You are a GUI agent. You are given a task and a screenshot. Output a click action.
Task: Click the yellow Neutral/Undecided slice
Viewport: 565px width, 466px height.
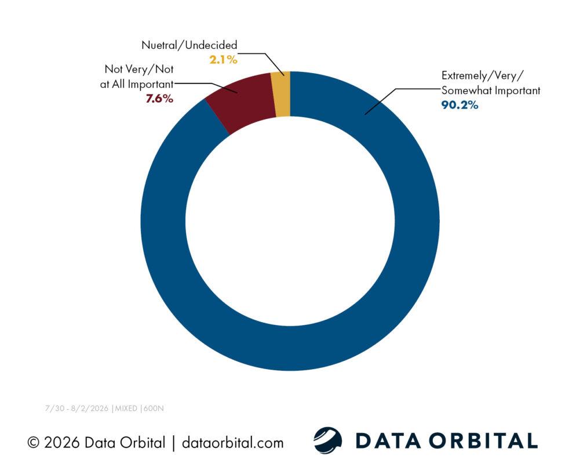pos(281,95)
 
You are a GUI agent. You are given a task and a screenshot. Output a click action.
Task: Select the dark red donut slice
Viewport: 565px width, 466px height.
pos(242,103)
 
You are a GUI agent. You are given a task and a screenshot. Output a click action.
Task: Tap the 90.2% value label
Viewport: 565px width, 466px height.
pos(460,105)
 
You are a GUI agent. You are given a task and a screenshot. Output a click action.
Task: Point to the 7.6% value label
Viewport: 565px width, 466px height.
pos(159,99)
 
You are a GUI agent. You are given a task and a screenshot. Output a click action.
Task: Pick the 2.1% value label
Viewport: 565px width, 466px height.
pos(224,60)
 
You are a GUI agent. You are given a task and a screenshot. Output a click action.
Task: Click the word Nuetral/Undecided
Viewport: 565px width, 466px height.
pos(189,45)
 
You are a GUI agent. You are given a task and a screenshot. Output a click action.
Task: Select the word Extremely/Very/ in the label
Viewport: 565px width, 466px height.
pos(483,76)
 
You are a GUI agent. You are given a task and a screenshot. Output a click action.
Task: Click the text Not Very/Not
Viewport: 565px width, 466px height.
pos(139,69)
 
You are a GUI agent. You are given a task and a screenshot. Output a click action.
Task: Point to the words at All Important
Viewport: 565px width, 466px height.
pos(137,84)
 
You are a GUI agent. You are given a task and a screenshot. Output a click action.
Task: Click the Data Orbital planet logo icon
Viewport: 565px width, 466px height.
pos(327,440)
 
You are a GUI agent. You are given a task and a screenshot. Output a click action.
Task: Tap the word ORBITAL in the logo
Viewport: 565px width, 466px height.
pos(483,440)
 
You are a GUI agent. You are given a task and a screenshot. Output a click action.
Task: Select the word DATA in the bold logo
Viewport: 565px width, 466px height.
pos(388,440)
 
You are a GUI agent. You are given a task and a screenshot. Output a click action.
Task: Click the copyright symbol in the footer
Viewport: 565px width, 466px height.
pos(33,443)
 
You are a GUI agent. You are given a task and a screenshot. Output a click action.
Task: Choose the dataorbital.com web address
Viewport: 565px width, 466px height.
pos(233,443)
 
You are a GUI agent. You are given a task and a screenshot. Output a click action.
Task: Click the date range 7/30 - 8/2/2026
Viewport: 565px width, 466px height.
pos(76,408)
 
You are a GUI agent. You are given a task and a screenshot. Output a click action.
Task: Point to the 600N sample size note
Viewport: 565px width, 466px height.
pos(154,408)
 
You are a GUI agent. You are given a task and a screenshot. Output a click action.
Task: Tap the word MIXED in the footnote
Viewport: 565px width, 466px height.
pos(126,408)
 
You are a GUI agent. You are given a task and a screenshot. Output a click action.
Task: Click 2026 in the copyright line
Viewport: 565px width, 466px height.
pos(61,443)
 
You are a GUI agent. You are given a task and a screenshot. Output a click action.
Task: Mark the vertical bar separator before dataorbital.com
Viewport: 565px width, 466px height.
pos(173,443)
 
